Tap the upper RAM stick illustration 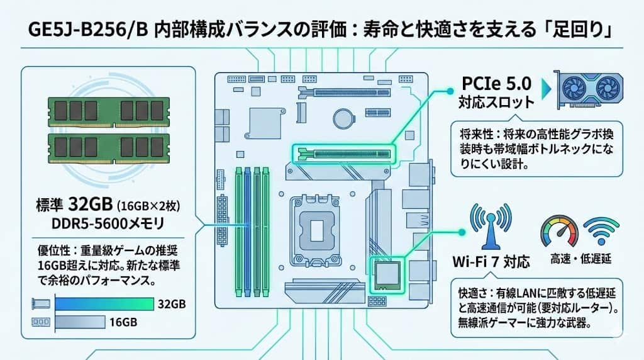(111, 111)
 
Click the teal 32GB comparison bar (104, 304)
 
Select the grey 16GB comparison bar (80, 323)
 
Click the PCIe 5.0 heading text (496, 83)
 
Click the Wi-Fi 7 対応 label (491, 261)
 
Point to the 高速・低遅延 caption (580, 259)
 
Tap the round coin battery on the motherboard (343, 116)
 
